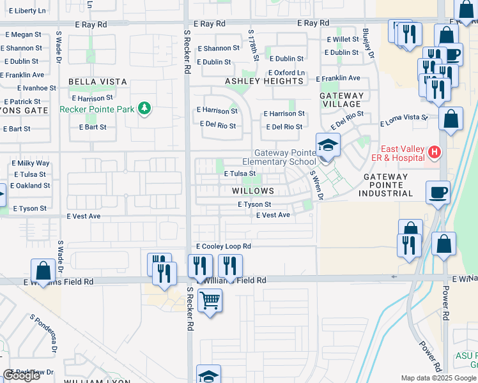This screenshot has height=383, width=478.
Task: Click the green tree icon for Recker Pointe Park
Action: click(x=145, y=109)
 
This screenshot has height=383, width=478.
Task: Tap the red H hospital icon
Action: click(x=435, y=152)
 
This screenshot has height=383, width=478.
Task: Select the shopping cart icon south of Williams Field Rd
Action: click(x=210, y=299)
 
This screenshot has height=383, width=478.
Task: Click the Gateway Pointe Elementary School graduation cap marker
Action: click(x=328, y=146)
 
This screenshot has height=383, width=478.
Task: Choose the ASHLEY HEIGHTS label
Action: click(x=264, y=81)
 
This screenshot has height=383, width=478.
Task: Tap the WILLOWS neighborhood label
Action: click(x=253, y=191)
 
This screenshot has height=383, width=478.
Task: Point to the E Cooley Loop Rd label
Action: click(x=224, y=246)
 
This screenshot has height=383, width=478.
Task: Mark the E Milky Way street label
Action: click(x=31, y=163)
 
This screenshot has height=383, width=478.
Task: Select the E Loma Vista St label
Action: click(x=404, y=117)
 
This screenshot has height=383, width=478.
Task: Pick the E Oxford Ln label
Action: click(x=286, y=73)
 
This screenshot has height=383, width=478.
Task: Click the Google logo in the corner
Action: click(x=22, y=375)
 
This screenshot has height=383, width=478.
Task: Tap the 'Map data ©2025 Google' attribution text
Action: click(x=438, y=378)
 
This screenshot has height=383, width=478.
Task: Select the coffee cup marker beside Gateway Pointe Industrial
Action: click(x=438, y=192)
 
